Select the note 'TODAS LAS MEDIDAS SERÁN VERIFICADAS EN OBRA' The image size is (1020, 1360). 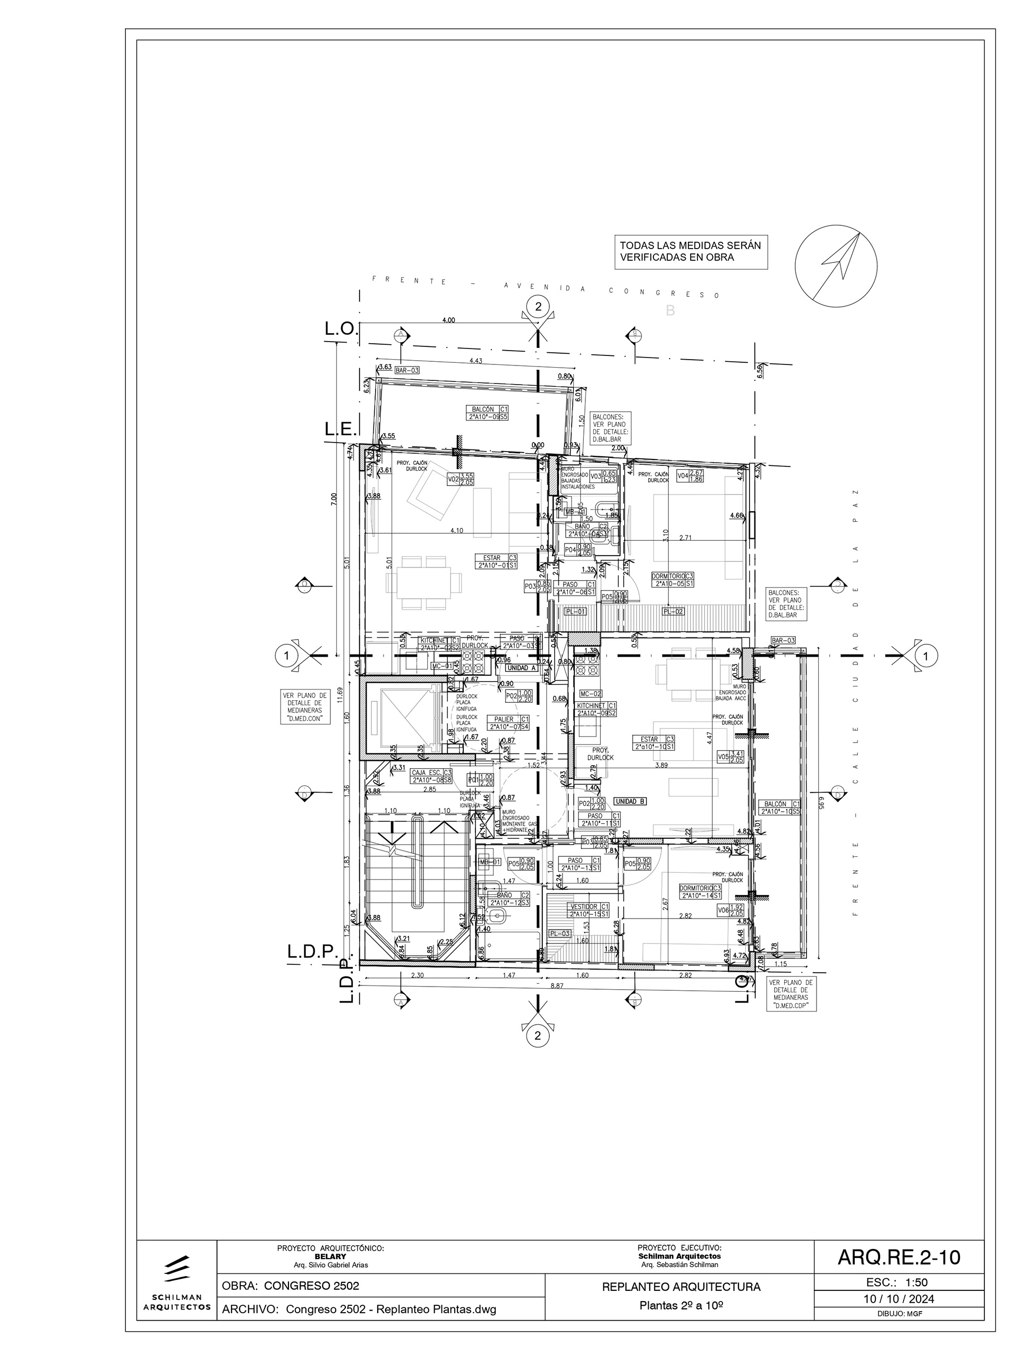point(691,251)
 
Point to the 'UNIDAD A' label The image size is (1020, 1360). point(521,667)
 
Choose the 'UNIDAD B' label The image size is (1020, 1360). point(630,801)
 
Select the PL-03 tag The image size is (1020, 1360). point(558,934)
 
